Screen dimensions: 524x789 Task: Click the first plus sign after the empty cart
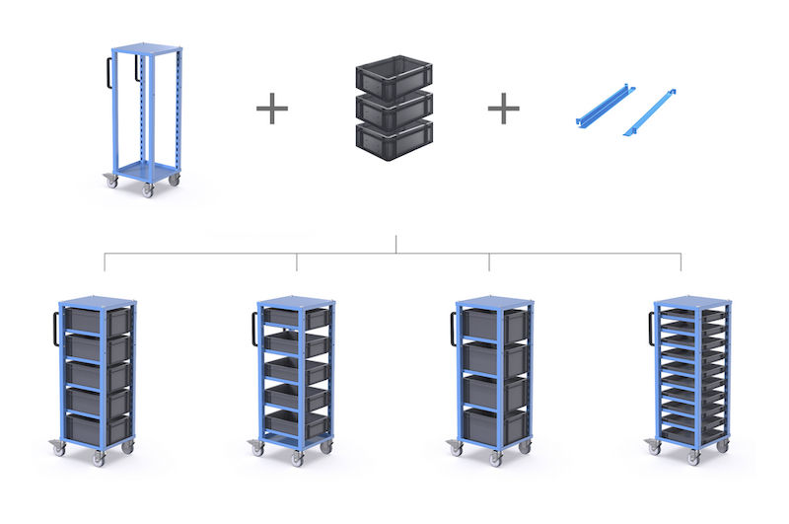point(272,108)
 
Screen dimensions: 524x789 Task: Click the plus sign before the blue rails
point(503,108)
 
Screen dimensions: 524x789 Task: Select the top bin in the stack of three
point(394,74)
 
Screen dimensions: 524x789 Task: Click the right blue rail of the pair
point(649,113)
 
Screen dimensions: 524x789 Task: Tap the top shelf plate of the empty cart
point(146,47)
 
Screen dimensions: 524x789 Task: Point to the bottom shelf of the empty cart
point(145,171)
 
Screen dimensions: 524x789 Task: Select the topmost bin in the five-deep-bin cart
point(98,321)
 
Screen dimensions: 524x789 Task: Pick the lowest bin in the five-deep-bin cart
point(98,428)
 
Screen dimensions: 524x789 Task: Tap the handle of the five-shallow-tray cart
point(254,327)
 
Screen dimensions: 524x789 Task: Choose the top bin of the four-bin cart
point(494,325)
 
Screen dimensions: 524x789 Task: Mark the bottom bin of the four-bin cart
point(494,424)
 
